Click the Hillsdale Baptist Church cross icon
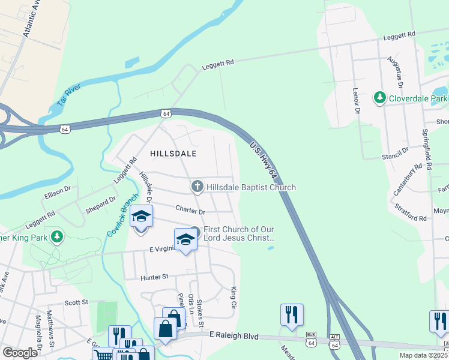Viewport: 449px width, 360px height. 197,187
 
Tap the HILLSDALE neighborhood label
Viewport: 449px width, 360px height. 173,154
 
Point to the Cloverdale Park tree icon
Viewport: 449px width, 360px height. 379,98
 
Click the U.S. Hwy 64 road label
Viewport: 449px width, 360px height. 264,160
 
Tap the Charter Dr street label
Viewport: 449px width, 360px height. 190,211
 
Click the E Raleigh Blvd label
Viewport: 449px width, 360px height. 234,337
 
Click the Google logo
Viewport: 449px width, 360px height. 20,353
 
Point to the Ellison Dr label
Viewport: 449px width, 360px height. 58,193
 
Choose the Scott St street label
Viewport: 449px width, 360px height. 76,302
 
